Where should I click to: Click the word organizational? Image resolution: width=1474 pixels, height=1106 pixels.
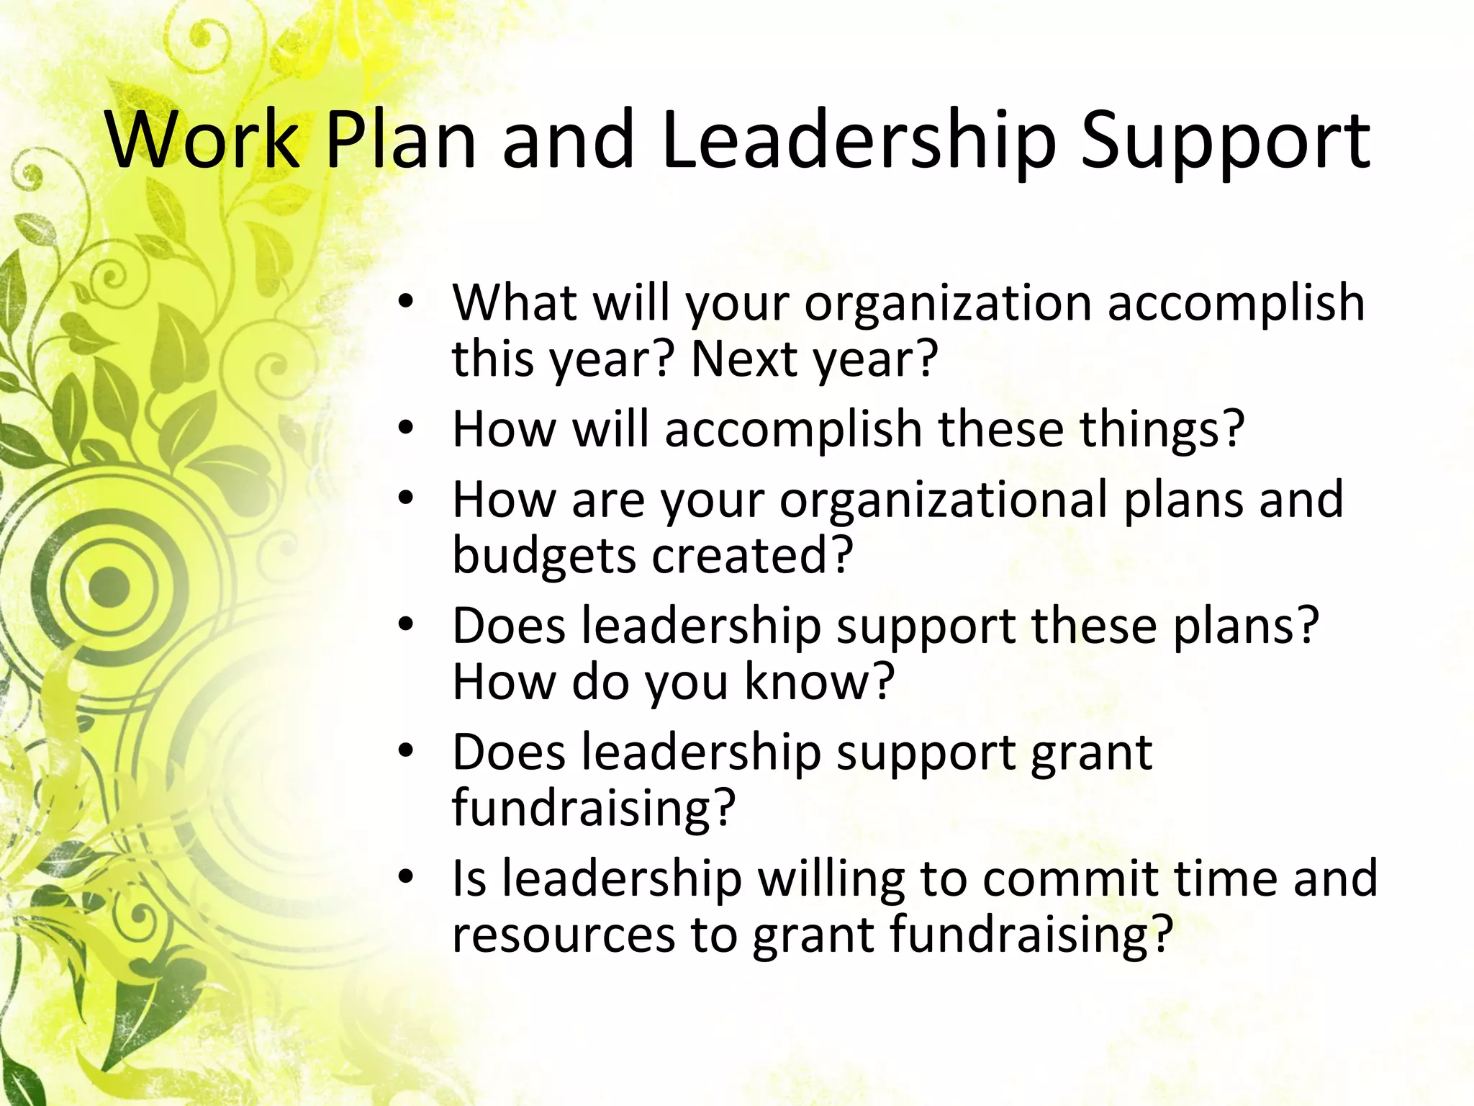(944, 500)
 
